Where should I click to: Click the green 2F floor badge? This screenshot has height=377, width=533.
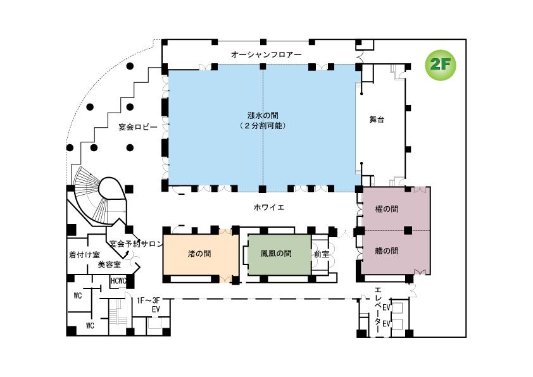point(440,65)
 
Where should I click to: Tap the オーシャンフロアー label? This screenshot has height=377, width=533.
point(266,55)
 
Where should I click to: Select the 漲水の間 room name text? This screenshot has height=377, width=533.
point(263,115)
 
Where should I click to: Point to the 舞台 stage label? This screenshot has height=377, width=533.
point(377,119)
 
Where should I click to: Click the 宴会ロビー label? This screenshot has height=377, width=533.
point(137,127)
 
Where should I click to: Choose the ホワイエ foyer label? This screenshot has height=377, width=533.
point(269,207)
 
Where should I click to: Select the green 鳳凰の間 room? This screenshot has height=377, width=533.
point(277,253)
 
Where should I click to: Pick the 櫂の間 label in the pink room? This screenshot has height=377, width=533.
point(386,209)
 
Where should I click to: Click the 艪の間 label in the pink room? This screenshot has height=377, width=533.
point(386,250)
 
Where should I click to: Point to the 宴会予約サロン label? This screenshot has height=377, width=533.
point(136,244)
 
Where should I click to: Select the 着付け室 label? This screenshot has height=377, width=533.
point(84,255)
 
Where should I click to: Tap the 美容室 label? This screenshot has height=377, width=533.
point(109,265)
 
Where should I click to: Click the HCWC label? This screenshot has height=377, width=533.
point(118,281)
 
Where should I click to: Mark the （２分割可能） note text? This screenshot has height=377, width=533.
point(263,126)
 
